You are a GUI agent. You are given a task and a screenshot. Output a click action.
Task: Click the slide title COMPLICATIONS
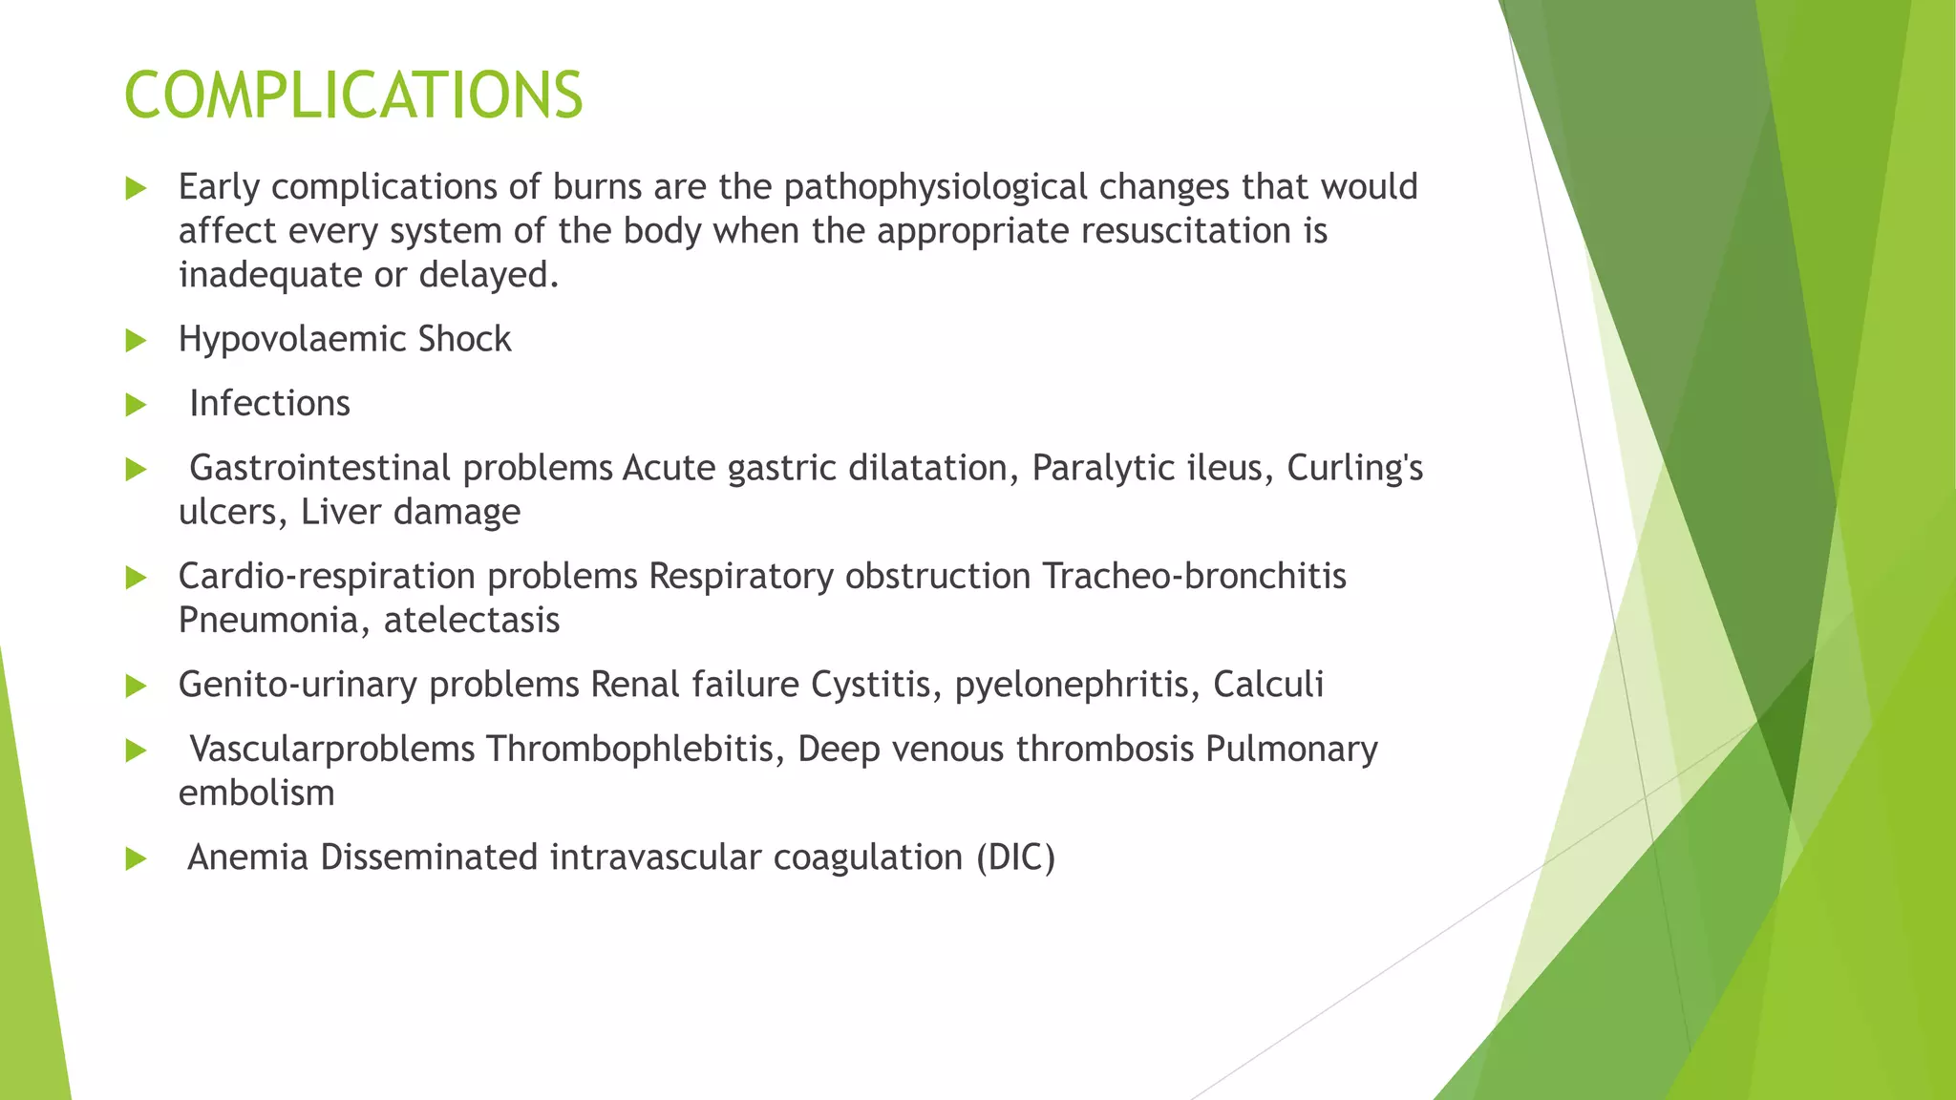point(353,95)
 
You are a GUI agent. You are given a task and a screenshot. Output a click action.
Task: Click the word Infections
point(269,404)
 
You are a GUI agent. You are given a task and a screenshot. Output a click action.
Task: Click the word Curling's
point(1354,469)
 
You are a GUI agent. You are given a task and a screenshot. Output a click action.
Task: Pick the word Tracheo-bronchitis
point(1194,577)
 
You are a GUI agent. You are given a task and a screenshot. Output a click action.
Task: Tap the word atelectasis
point(472,621)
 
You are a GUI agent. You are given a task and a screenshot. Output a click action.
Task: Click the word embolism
point(256,793)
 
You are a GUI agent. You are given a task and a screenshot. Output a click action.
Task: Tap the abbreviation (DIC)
point(1015,857)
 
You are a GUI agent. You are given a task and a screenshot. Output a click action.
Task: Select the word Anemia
point(247,857)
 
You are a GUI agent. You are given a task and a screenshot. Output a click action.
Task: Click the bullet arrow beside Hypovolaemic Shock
point(136,341)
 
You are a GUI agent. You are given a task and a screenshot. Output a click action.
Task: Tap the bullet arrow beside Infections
point(136,405)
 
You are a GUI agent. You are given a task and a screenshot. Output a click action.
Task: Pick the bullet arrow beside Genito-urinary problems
point(136,686)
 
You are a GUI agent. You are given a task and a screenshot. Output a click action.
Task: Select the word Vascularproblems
point(331,750)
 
